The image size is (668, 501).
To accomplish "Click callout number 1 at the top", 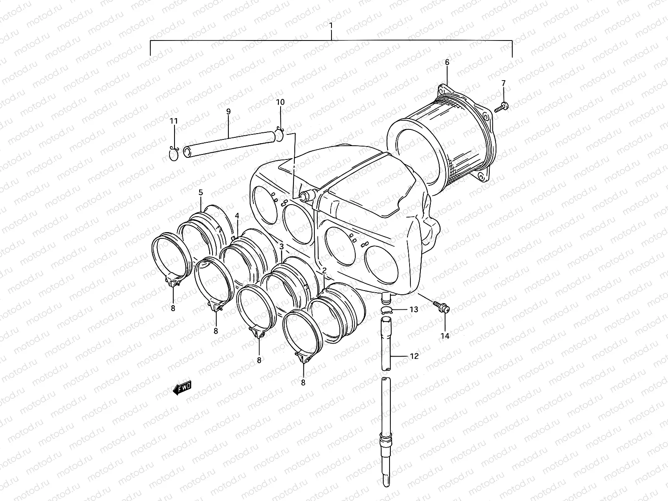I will pyautogui.click(x=331, y=25).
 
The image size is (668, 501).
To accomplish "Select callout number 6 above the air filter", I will pyautogui.click(x=447, y=62).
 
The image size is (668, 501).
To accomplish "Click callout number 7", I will pyautogui.click(x=503, y=83).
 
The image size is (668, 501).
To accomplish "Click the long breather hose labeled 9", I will pyautogui.click(x=230, y=144).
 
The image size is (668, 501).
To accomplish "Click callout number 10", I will pyautogui.click(x=280, y=102).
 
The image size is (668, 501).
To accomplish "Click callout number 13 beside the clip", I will pyautogui.click(x=413, y=309).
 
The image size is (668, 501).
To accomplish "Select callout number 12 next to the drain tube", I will pyautogui.click(x=414, y=356).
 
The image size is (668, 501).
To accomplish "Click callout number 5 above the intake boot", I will pyautogui.click(x=200, y=192).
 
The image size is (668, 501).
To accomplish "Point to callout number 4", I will pyautogui.click(x=237, y=216).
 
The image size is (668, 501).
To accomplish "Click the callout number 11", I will pyautogui.click(x=174, y=121).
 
